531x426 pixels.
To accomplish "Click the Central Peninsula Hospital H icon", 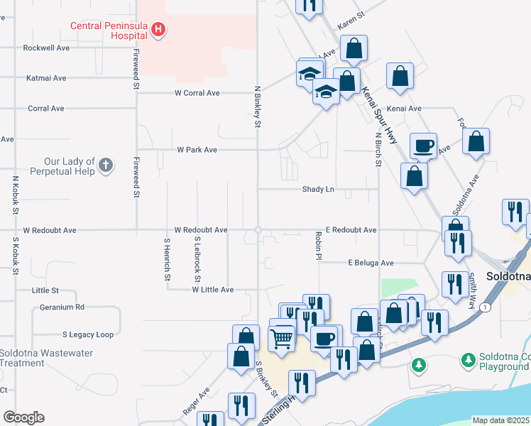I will pyautogui.click(x=159, y=30).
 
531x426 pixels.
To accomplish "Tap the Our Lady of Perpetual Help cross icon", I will pyautogui.click(x=105, y=165).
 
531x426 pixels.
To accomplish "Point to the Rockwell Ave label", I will pyautogui.click(x=46, y=48).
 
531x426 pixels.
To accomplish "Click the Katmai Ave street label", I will pyautogui.click(x=46, y=78).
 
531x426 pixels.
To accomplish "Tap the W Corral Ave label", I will pyautogui.click(x=198, y=93).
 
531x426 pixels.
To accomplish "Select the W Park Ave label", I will pyautogui.click(x=197, y=150).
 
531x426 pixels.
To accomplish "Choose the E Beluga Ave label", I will pyautogui.click(x=371, y=263).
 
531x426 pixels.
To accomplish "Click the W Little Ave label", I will pyautogui.click(x=212, y=290).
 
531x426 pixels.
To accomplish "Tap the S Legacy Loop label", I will pyautogui.click(x=88, y=334).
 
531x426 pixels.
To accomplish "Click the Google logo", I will pyautogui.click(x=23, y=417).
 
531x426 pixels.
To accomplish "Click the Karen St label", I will pyautogui.click(x=351, y=24).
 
